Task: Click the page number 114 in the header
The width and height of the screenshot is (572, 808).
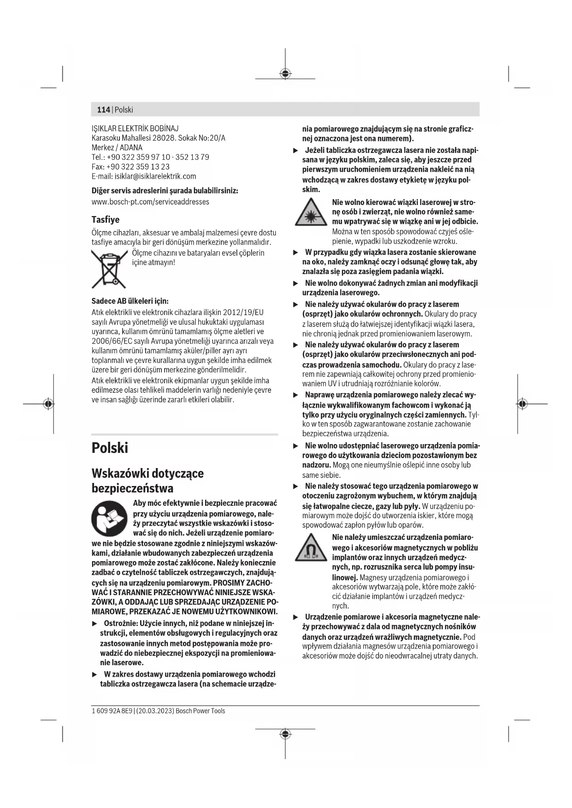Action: tap(103, 110)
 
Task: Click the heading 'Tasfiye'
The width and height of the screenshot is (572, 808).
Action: tap(105, 220)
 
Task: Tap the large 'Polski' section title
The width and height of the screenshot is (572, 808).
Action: tap(110, 448)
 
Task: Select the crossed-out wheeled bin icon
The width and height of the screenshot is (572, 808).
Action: tap(109, 269)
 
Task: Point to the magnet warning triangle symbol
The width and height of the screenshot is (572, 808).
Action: tap(311, 548)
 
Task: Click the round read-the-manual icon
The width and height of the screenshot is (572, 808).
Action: tap(109, 518)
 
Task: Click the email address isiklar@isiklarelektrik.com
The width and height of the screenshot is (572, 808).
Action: tap(155, 176)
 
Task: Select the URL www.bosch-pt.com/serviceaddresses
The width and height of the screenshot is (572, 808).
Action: tap(150, 202)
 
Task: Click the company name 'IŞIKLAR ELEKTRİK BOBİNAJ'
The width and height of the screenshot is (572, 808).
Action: tap(135, 129)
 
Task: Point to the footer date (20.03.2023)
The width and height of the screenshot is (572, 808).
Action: tap(155, 711)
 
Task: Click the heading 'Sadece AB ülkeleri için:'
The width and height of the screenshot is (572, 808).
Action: tap(130, 301)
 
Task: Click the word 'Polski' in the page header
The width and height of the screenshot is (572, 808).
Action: tap(124, 110)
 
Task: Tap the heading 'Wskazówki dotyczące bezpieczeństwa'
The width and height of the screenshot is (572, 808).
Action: tap(147, 480)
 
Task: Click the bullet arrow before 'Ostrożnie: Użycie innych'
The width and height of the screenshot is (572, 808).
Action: tap(95, 624)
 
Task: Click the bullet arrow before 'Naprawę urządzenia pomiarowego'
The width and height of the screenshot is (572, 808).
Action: tap(296, 395)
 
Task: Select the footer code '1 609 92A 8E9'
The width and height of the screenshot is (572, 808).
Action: tap(112, 711)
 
